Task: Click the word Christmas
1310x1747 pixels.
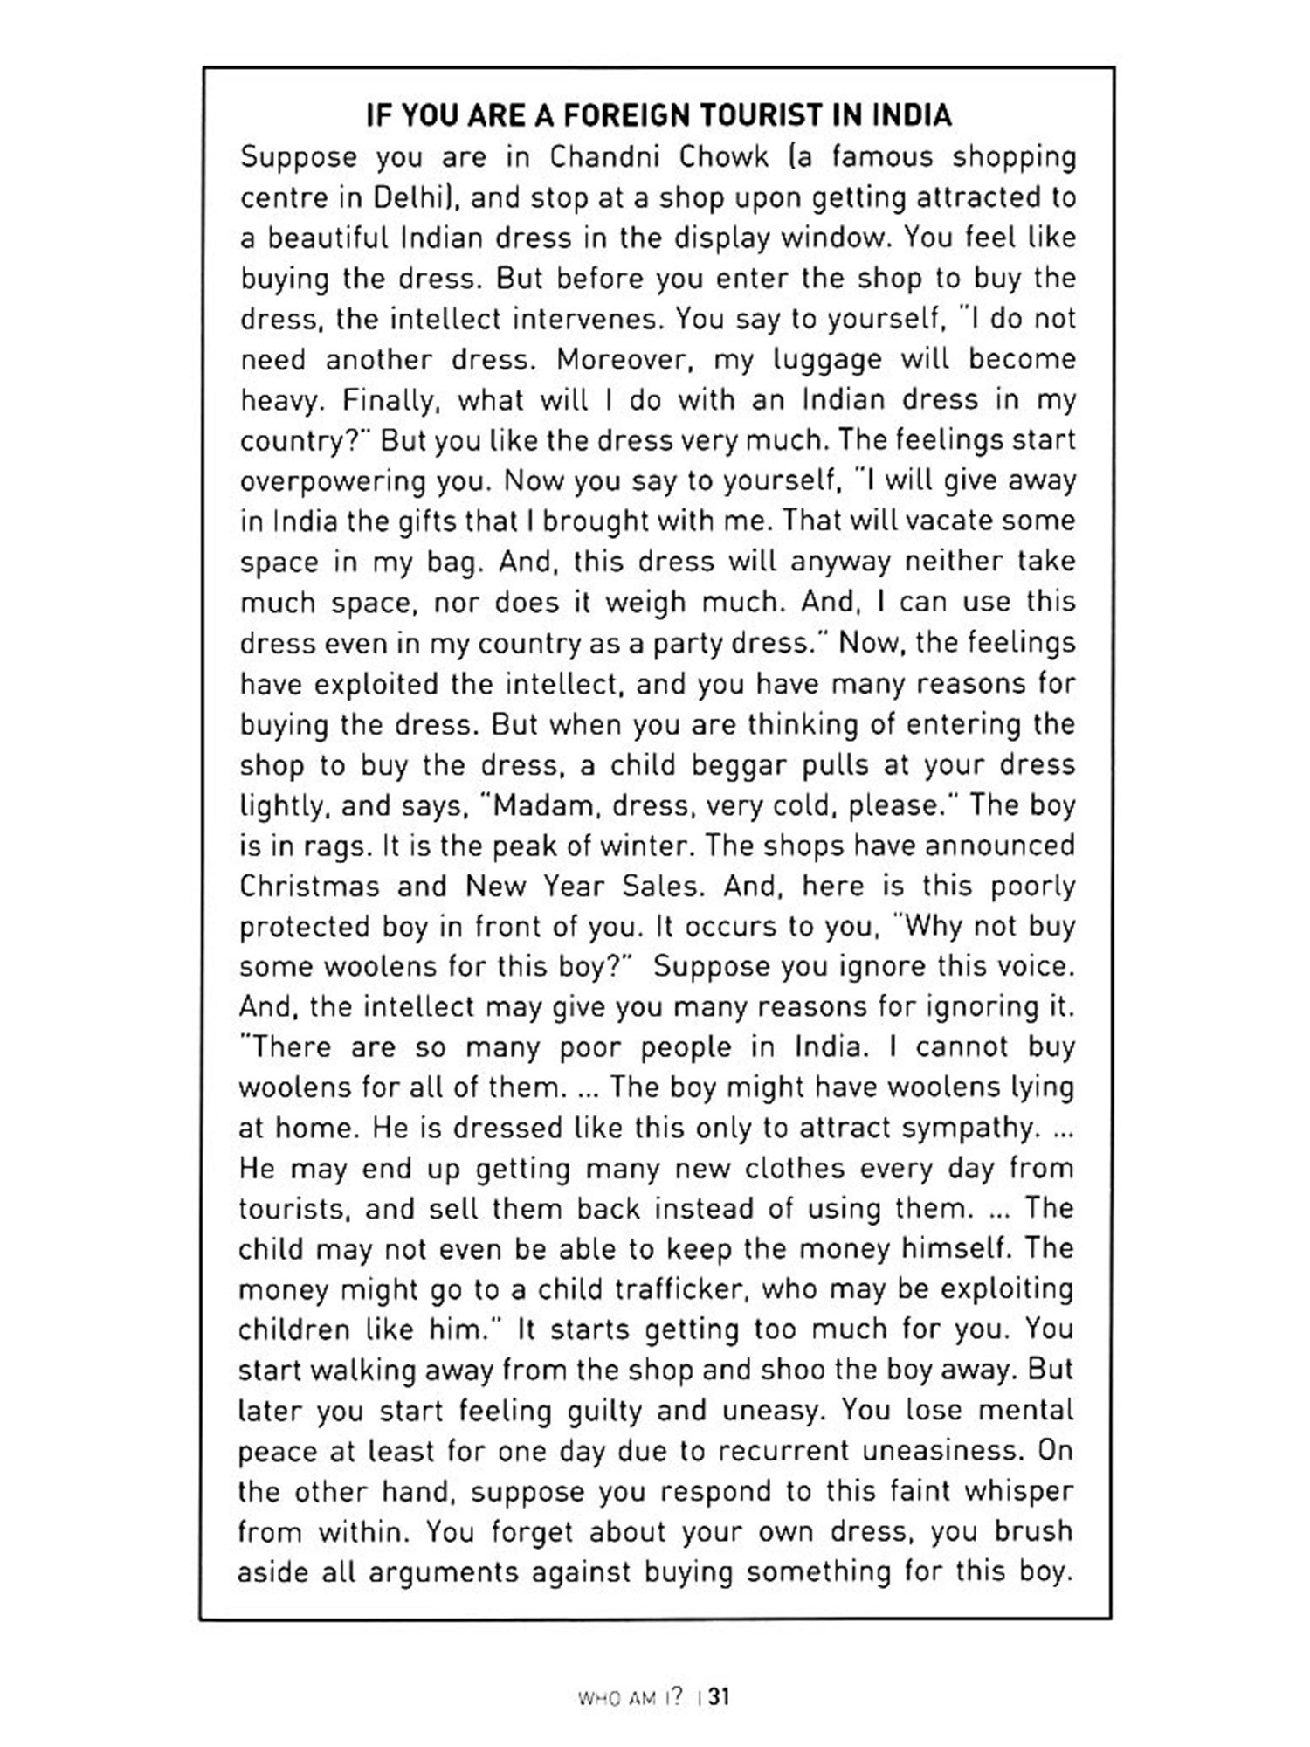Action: (x=309, y=887)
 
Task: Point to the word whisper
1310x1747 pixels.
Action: (x=1018, y=1492)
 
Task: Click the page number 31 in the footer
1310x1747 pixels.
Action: (x=719, y=1697)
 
